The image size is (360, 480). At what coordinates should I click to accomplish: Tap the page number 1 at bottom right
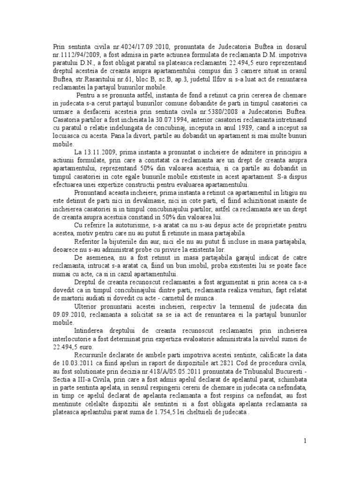tap(305, 441)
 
